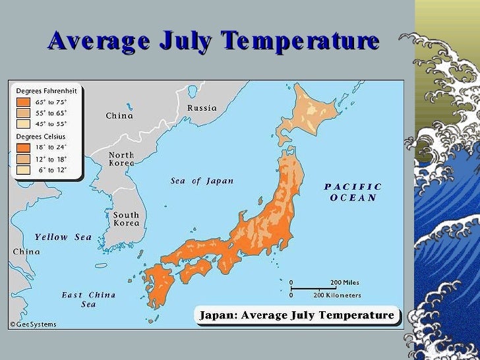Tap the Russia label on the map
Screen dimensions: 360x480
click(x=202, y=107)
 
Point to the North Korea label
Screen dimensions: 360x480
click(x=121, y=159)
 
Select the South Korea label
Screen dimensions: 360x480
click(x=126, y=219)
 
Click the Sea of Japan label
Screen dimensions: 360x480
click(x=202, y=181)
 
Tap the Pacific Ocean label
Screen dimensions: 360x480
click(x=353, y=192)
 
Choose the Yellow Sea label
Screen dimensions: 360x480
click(x=63, y=237)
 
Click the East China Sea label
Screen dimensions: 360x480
click(x=88, y=299)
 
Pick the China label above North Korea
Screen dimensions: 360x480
click(x=119, y=116)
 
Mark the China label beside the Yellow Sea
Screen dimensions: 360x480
click(x=26, y=251)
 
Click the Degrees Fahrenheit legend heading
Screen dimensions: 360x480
click(x=45, y=90)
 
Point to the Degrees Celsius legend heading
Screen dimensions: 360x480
click(x=42, y=136)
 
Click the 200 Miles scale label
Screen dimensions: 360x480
click(x=345, y=282)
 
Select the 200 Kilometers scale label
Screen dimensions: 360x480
click(x=337, y=295)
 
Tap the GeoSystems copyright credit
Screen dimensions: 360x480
click(x=33, y=324)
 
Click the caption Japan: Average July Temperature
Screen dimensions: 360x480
click(x=298, y=315)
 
